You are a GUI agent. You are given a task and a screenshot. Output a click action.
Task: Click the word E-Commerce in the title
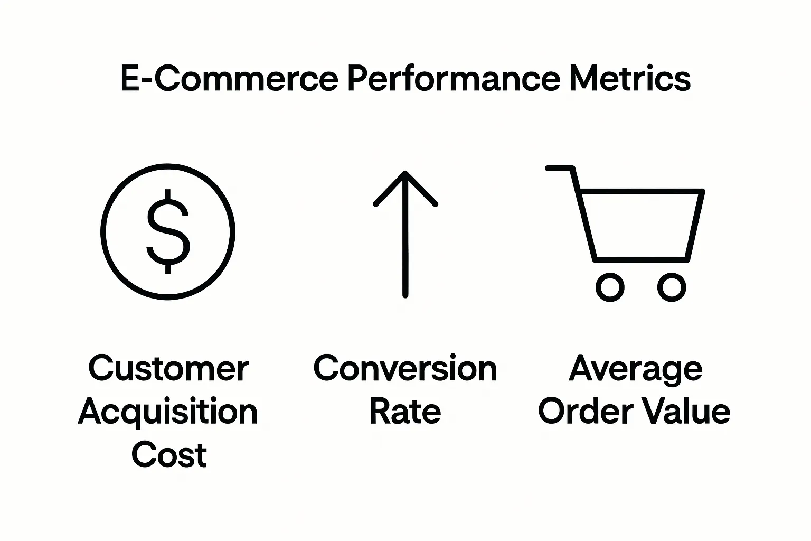point(229,79)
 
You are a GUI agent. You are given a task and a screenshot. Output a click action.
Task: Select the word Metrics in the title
point(630,79)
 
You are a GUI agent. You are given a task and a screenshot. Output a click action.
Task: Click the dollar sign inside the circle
point(168,231)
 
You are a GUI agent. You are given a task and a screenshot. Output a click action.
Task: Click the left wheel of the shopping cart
point(610,288)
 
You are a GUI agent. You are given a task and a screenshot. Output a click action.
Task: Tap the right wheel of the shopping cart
point(671,288)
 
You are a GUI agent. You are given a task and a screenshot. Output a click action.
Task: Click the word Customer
point(168,368)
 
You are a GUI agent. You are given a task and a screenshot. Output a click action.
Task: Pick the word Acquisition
point(168,412)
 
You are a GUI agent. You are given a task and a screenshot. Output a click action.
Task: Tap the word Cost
point(169,455)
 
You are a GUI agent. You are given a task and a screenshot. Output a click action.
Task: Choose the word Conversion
point(405,368)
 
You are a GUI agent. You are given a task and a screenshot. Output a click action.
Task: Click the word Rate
point(405,412)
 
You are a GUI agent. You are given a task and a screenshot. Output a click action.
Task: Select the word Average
point(636,369)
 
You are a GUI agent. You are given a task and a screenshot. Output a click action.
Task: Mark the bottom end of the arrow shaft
point(405,294)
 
